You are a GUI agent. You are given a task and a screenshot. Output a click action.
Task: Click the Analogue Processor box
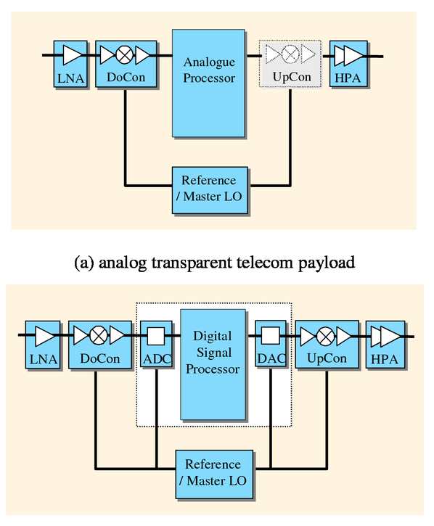pyautogui.click(x=208, y=83)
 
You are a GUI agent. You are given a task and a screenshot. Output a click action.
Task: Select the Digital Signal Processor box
pyautogui.click(x=213, y=364)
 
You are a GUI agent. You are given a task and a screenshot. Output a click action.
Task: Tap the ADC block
pyautogui.click(x=157, y=345)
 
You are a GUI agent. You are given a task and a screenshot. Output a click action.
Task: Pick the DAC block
pyautogui.click(x=271, y=344)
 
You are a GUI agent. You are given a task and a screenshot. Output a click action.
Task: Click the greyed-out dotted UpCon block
pyautogui.click(x=290, y=64)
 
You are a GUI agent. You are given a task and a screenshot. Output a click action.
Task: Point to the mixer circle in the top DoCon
pyautogui.click(x=124, y=55)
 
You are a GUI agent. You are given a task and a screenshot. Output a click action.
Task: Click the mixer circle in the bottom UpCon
pyautogui.click(x=325, y=337)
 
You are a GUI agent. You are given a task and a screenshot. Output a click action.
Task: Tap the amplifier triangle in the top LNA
pyautogui.click(x=72, y=55)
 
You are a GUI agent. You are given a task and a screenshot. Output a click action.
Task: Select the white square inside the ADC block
pyautogui.click(x=156, y=336)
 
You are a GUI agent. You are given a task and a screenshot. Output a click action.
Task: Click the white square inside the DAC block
pyautogui.click(x=271, y=335)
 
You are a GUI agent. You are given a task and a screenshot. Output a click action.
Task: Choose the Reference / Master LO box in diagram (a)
pyautogui.click(x=210, y=190)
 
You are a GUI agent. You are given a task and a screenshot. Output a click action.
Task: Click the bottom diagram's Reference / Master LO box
pyautogui.click(x=214, y=474)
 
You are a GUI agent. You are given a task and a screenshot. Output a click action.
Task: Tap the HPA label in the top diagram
pyautogui.click(x=348, y=78)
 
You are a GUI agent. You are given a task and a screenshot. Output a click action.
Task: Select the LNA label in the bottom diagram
pyautogui.click(x=44, y=359)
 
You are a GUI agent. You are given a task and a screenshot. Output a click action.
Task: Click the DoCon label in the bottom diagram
pyautogui.click(x=100, y=358)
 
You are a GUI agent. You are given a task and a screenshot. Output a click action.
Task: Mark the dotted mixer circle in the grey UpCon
pyautogui.click(x=290, y=54)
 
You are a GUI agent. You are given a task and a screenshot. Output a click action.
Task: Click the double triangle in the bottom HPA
pyautogui.click(x=385, y=337)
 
